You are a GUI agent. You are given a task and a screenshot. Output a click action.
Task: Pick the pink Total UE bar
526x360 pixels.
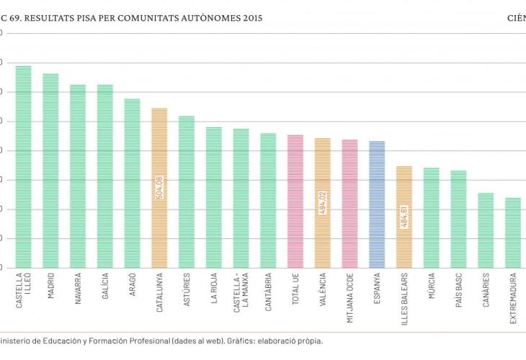coord(295,201)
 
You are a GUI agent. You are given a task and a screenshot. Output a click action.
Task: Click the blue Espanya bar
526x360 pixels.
coord(377,204)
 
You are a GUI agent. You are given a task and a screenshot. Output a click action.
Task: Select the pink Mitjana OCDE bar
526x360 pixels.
coord(349,203)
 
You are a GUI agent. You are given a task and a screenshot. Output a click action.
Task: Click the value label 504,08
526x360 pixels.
coord(160,187)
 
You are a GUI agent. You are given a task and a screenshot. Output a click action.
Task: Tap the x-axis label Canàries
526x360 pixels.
coord(486,292)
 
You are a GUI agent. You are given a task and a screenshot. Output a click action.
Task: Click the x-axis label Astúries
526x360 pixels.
coord(187,290)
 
